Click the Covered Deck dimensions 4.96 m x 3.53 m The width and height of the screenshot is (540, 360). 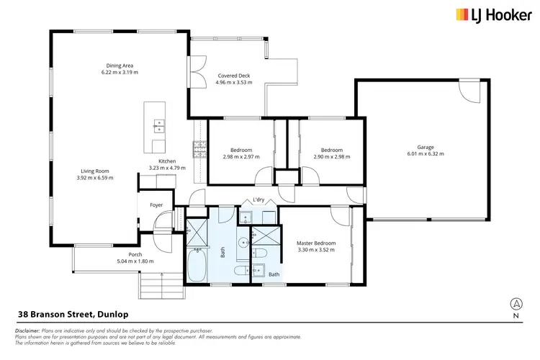pos(233,82)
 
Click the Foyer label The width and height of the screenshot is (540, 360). pos(156,205)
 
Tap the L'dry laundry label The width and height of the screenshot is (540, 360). pos(257,200)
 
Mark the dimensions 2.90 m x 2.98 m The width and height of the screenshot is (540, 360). pos(331,157)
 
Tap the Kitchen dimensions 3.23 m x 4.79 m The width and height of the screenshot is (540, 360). pos(167,168)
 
